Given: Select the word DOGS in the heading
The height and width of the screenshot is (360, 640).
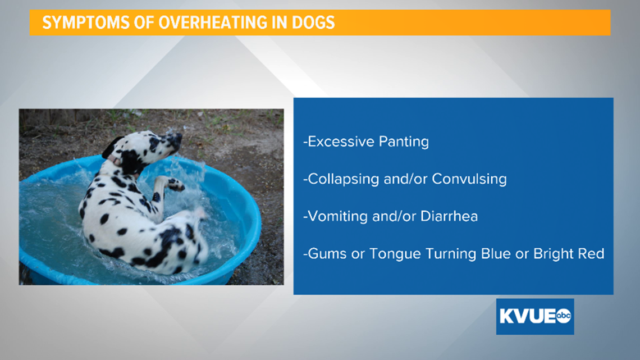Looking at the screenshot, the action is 313,22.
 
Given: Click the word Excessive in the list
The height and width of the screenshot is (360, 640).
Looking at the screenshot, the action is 341,142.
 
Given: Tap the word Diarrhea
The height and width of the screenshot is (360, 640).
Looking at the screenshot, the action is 449,216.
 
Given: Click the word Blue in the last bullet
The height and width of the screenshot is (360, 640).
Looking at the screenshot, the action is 496,254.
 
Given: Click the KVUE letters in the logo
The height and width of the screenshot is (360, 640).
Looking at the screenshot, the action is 527,316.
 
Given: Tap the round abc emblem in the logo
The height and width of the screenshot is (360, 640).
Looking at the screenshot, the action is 564,316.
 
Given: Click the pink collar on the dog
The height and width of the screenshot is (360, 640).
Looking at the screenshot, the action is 116,161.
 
